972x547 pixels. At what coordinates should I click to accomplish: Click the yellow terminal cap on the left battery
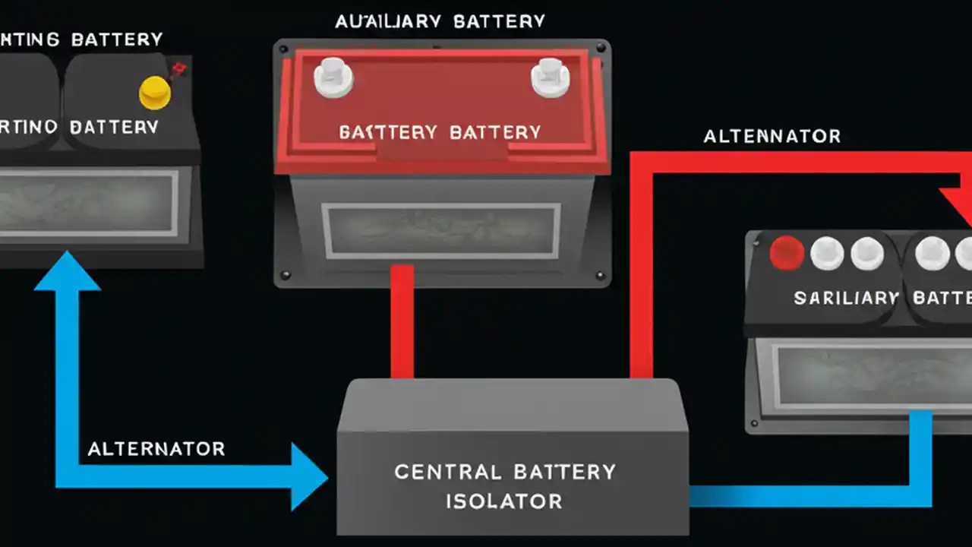tap(155, 92)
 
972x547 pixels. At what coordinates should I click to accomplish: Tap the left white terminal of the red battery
tap(333, 77)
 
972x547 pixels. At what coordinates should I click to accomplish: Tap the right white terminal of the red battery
tap(550, 77)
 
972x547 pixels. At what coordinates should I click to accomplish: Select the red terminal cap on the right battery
tap(787, 254)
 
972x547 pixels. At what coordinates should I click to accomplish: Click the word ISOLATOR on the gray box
tap(503, 501)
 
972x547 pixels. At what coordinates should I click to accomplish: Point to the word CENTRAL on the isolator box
tap(447, 472)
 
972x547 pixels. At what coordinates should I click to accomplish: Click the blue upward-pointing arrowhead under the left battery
tap(68, 273)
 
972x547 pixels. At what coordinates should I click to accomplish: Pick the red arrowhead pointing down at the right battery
tap(958, 205)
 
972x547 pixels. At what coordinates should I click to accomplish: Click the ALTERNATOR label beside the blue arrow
tap(156, 449)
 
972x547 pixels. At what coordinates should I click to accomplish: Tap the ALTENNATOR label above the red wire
tap(772, 137)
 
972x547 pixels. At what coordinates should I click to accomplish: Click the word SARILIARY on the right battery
tap(846, 298)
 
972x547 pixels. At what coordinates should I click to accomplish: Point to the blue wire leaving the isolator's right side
tap(797, 496)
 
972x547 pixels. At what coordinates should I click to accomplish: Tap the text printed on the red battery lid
tap(440, 132)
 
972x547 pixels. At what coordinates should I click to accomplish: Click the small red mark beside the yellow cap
tap(180, 71)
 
